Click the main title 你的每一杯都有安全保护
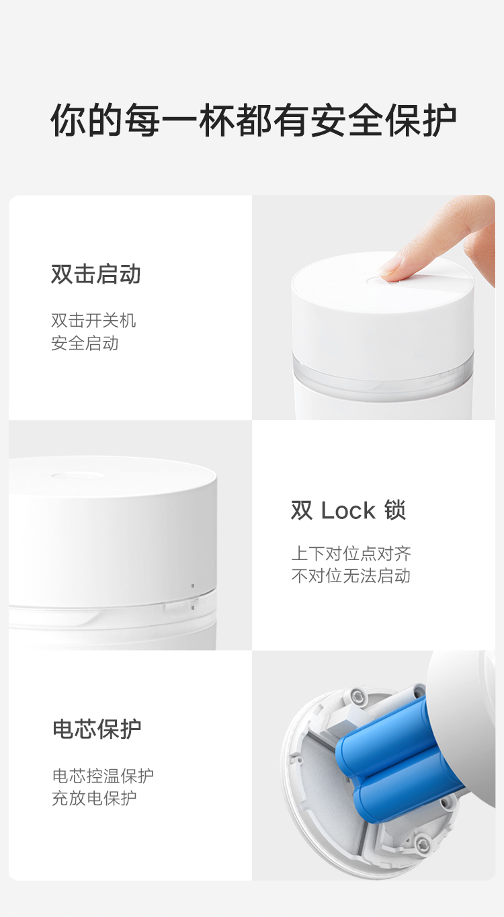pos(253,120)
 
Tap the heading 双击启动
pos(96,274)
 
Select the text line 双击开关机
pos(93,320)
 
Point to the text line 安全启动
pos(85,343)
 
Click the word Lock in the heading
pos(348,510)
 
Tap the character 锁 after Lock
pos(394,510)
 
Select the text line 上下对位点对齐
pos(351,553)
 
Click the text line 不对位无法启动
pos(351,576)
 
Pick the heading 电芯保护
pos(97,729)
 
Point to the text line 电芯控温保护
pos(103,775)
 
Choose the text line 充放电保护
pos(94,798)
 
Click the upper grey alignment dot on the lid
pos(193,586)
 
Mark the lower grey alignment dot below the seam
pos(193,608)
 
